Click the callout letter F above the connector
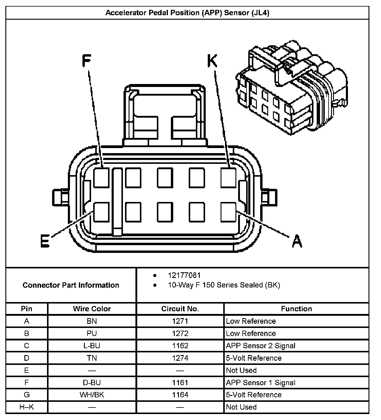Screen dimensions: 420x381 (x=86, y=61)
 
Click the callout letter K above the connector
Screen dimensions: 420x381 (x=212, y=61)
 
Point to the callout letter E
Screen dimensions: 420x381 (x=45, y=241)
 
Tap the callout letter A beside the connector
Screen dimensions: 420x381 (x=297, y=241)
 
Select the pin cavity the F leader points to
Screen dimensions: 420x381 (x=102, y=178)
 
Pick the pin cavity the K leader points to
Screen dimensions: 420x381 (x=229, y=178)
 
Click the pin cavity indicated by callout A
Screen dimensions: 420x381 (x=229, y=212)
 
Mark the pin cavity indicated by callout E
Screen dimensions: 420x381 (x=102, y=212)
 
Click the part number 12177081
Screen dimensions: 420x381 (x=184, y=276)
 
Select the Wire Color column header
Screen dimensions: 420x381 (x=92, y=309)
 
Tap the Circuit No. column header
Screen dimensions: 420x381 (x=180, y=309)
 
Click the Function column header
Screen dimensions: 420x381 (x=296, y=309)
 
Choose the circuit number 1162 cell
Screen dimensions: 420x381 (x=180, y=346)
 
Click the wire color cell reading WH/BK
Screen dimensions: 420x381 (x=92, y=395)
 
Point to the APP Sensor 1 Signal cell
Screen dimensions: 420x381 (x=260, y=382)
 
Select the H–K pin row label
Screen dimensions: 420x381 (x=26, y=407)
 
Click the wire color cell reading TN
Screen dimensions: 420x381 (x=92, y=358)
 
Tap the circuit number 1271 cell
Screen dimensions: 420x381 (x=180, y=321)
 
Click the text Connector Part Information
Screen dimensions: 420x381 (x=71, y=285)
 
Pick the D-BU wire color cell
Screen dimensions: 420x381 (x=92, y=382)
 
